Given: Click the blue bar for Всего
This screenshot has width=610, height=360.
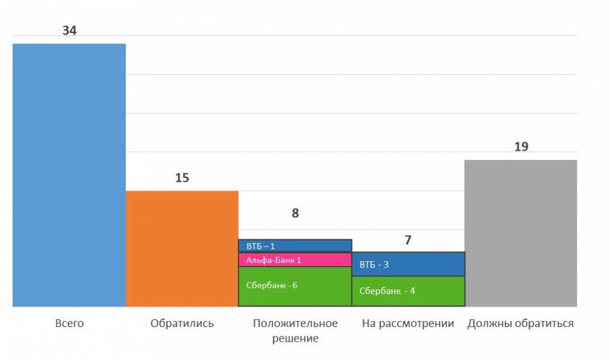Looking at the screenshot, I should (69, 175).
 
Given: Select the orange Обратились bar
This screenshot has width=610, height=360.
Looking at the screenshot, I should (182, 248).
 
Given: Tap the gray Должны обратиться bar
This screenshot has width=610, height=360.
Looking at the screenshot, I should (520, 233).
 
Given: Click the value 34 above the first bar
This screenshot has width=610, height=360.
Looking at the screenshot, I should (70, 31).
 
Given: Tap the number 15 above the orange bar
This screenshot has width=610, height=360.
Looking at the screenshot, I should (182, 178).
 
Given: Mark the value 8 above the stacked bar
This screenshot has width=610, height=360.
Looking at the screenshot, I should (295, 214).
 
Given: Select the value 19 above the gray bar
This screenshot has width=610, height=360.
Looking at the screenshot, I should (521, 147).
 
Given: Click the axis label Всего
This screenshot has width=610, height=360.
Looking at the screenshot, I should (69, 323).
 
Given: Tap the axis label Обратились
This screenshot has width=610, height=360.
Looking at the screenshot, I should (182, 323).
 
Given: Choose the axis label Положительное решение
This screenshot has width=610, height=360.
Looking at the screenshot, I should (295, 330).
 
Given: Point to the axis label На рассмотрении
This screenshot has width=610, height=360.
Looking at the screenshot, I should (408, 323).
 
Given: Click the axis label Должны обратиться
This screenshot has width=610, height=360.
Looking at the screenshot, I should (520, 323).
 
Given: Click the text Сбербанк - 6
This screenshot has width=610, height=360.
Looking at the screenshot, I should (271, 285).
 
